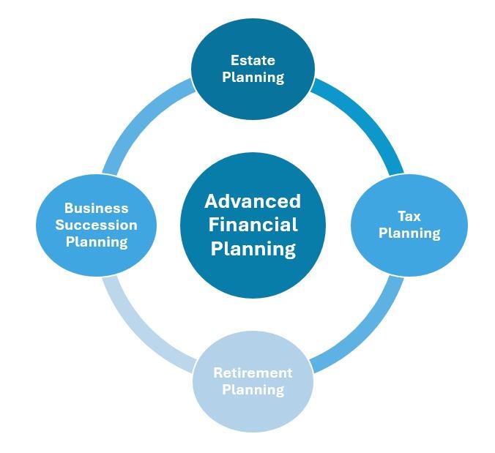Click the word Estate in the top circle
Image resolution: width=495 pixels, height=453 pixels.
click(x=253, y=60)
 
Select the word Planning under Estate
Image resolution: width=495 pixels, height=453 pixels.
click(x=253, y=77)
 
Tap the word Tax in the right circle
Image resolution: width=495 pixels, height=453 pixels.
click(x=409, y=216)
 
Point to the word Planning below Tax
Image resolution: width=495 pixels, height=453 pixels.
click(x=409, y=233)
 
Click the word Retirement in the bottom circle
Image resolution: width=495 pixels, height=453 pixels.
click(x=253, y=372)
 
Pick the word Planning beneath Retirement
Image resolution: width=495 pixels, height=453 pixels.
click(x=253, y=389)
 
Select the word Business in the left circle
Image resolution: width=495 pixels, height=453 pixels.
click(x=96, y=209)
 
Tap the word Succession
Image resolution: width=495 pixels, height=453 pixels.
click(x=96, y=225)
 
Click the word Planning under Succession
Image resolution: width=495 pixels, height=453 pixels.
click(x=96, y=242)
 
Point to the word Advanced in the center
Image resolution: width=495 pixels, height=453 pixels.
click(x=253, y=201)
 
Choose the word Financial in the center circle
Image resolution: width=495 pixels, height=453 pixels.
click(x=253, y=225)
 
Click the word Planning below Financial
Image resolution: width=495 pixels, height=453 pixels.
click(x=253, y=249)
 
